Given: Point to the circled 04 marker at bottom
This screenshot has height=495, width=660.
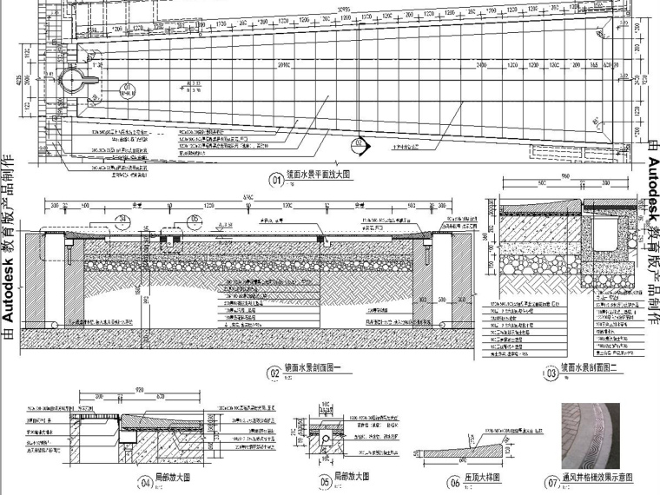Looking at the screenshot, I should pyautogui.click(x=144, y=479).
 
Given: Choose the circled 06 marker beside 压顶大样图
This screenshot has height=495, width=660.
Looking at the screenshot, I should pyautogui.click(x=454, y=483).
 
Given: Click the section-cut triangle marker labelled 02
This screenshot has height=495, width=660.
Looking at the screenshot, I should pyautogui.click(x=359, y=145).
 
